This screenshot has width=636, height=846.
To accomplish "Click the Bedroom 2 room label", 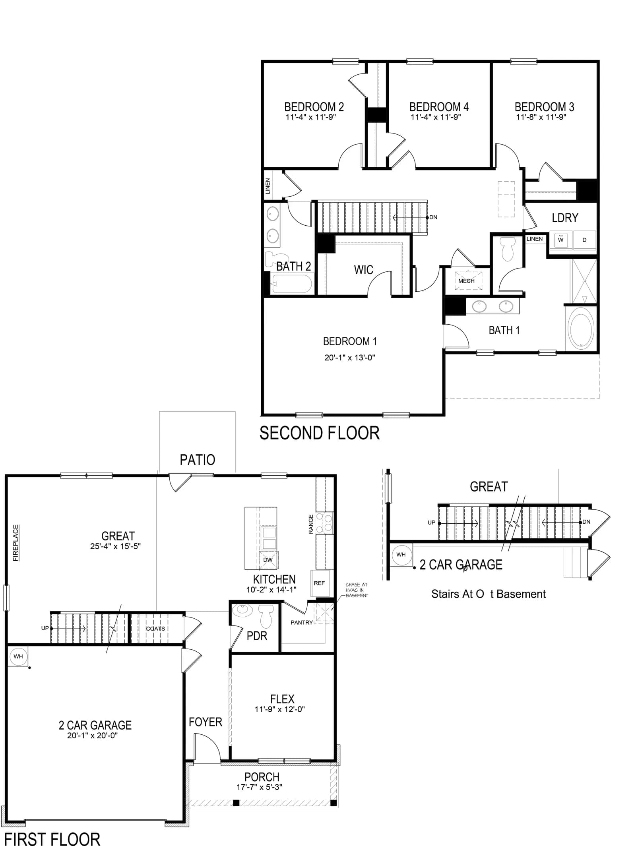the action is click(314, 107).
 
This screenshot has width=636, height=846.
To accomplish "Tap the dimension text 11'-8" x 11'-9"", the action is click(541, 117).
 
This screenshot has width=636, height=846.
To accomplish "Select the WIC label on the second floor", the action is click(364, 270).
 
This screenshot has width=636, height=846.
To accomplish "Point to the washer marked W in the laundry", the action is click(561, 240).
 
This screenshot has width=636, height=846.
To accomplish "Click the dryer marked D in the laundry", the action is click(584, 240).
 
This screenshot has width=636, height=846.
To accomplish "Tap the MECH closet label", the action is click(466, 281).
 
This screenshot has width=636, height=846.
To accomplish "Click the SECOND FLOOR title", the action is click(320, 433).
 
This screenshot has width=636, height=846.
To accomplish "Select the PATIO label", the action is click(198, 460).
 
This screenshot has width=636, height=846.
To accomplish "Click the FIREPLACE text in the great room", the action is click(16, 543).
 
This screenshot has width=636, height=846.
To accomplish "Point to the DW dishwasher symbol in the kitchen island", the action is click(268, 560).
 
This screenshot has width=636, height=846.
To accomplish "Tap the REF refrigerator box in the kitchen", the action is click(320, 583).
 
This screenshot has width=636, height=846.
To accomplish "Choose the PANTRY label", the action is click(302, 623).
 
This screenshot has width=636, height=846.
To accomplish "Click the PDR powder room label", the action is click(257, 636).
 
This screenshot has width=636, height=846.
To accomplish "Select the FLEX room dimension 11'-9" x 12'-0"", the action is click(280, 709).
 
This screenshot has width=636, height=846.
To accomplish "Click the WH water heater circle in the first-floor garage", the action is click(18, 656).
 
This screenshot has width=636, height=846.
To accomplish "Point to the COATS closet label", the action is click(155, 629).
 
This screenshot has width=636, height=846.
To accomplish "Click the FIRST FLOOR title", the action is click(52, 839).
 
